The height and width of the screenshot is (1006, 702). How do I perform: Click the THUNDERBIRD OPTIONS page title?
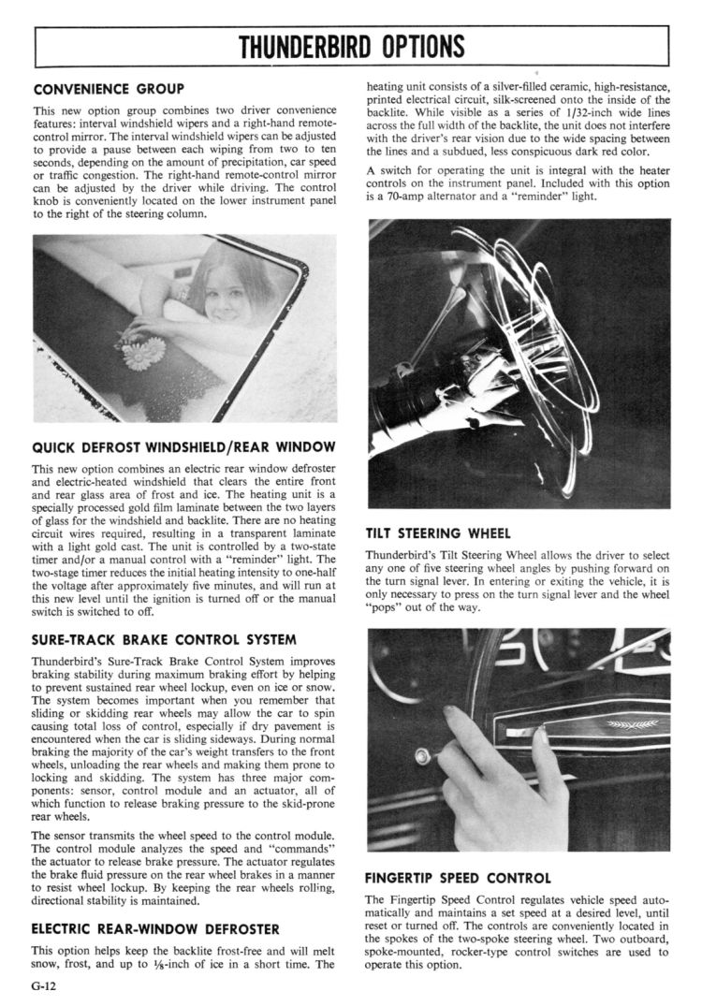[351, 46]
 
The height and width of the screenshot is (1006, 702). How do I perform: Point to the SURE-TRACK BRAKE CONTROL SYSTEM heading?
[164, 640]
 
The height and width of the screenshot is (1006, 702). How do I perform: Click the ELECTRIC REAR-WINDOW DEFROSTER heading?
[155, 929]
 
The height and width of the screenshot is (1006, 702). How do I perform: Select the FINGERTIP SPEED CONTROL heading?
[458, 878]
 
